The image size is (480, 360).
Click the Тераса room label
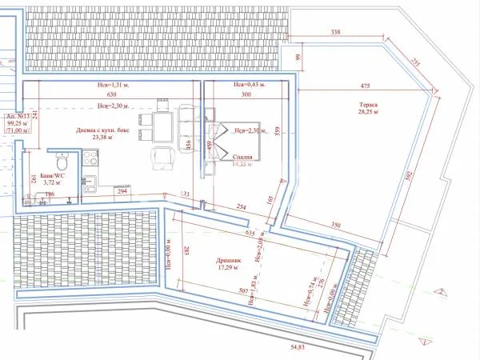pyautogui.click(x=368, y=105)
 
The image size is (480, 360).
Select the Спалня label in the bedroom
pyautogui.click(x=244, y=158)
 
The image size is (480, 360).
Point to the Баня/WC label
pyautogui.click(x=54, y=173)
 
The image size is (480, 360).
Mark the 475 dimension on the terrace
pyautogui.click(x=366, y=86)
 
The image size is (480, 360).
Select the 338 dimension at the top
pyautogui.click(x=337, y=33)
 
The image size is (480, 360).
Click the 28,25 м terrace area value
pyautogui.click(x=369, y=114)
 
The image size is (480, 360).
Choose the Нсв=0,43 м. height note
pyautogui.click(x=249, y=85)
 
